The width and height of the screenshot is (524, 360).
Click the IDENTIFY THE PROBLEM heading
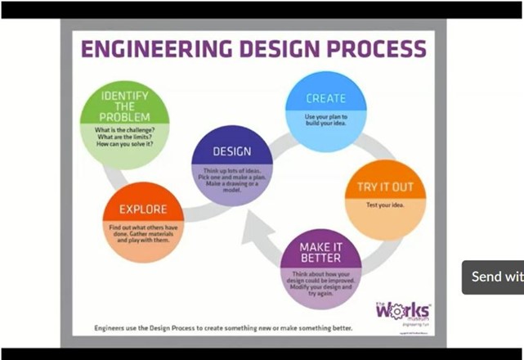[x=124, y=106]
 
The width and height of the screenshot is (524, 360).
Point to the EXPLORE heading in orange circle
[x=143, y=209]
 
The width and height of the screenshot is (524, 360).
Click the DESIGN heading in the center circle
[x=231, y=151]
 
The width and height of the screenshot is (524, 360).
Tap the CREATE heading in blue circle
[x=325, y=98]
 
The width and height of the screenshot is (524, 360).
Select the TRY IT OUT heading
[x=385, y=187]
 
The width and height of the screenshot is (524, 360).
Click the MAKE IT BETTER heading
[x=320, y=252]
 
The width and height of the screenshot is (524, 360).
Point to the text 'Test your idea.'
[x=385, y=205]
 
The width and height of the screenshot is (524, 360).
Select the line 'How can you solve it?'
[x=125, y=145]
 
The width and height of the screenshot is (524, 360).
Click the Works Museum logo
[x=402, y=311]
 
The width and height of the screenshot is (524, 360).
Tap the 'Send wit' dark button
[x=493, y=277]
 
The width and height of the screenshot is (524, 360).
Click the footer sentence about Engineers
[x=223, y=328]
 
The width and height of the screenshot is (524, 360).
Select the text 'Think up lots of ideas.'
[x=231, y=170]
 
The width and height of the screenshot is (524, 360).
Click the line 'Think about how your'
[x=320, y=274]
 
